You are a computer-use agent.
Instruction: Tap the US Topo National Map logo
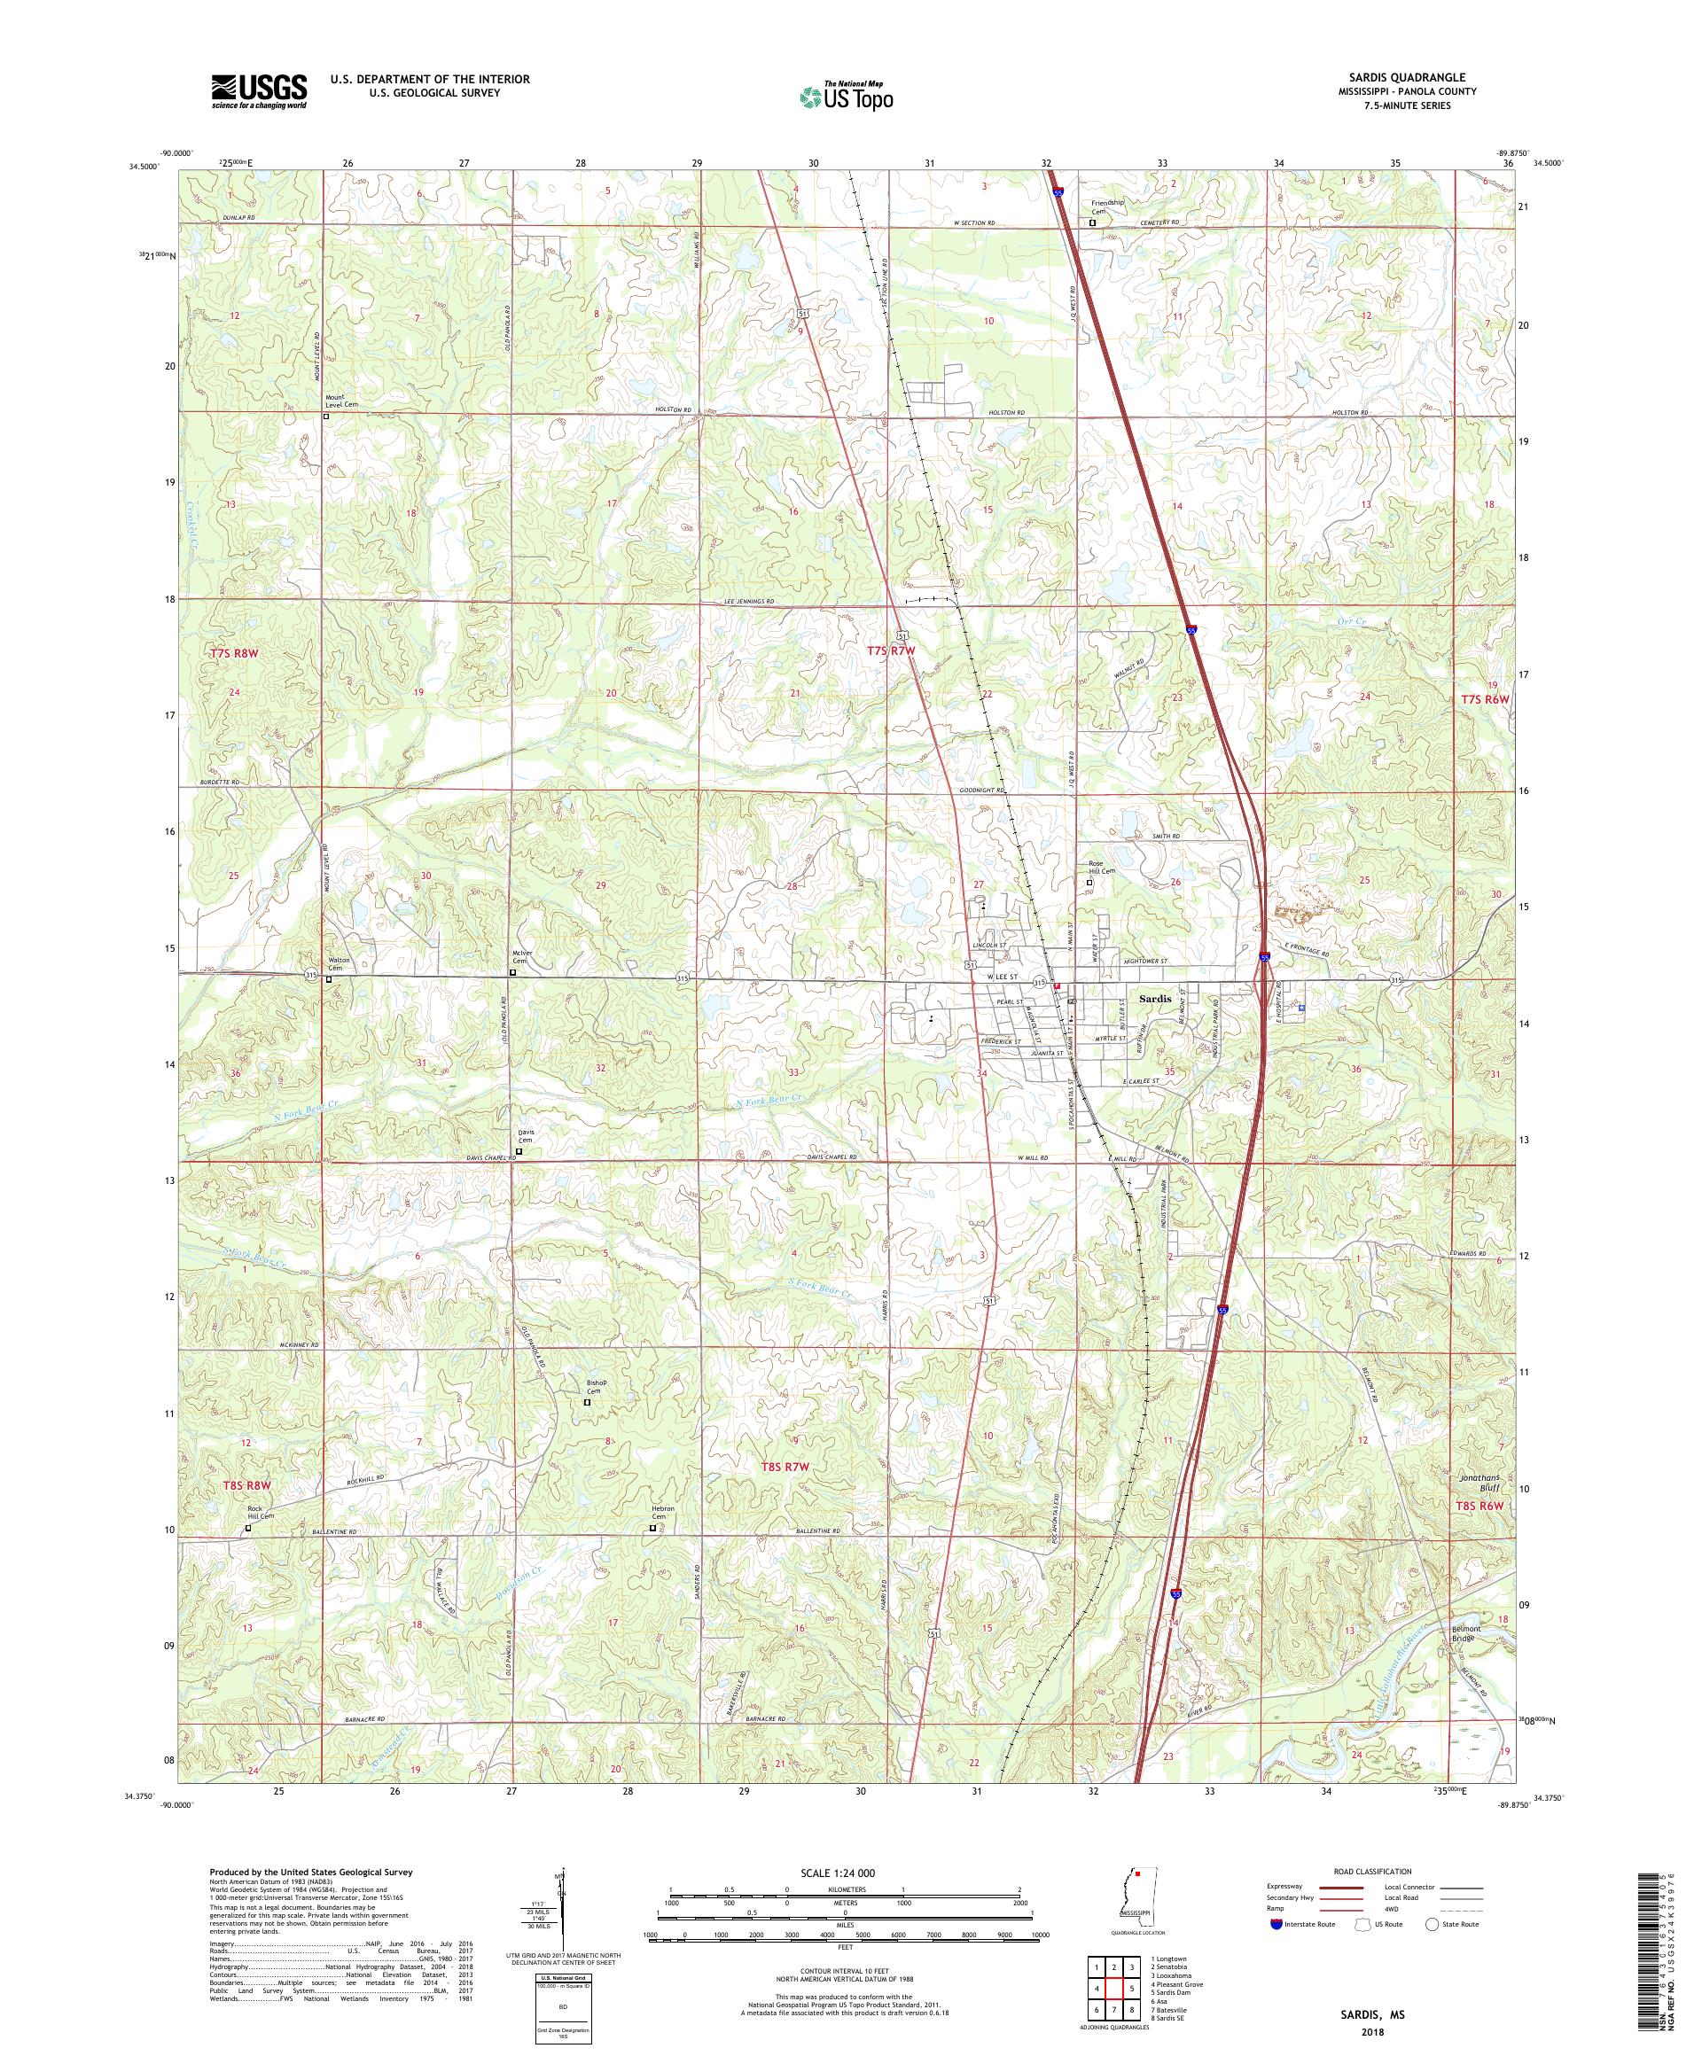(847, 96)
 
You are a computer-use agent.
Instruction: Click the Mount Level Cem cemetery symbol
(326, 417)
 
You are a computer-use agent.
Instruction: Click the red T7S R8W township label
(232, 652)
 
